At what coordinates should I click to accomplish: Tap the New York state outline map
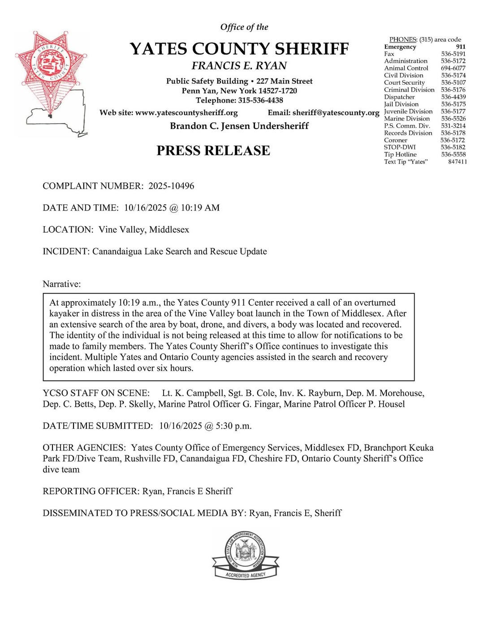(x=58, y=112)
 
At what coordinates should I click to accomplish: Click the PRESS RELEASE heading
(x=213, y=151)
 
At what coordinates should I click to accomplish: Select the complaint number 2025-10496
(x=171, y=186)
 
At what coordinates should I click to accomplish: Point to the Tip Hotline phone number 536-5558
(x=454, y=155)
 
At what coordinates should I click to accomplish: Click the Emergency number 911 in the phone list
(x=461, y=47)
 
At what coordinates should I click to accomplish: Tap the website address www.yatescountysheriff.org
(x=186, y=113)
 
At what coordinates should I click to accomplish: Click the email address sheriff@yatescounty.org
(x=336, y=113)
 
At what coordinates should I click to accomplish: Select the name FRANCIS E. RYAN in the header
(x=239, y=66)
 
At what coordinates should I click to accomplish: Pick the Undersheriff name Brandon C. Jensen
(x=210, y=126)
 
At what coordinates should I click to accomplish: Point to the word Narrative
(x=62, y=284)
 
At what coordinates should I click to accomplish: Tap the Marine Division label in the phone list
(x=407, y=119)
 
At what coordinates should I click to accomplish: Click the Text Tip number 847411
(x=457, y=162)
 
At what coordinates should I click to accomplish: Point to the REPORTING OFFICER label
(x=91, y=492)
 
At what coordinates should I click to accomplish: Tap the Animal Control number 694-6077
(x=453, y=68)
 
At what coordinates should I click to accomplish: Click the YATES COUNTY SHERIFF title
(x=239, y=49)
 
